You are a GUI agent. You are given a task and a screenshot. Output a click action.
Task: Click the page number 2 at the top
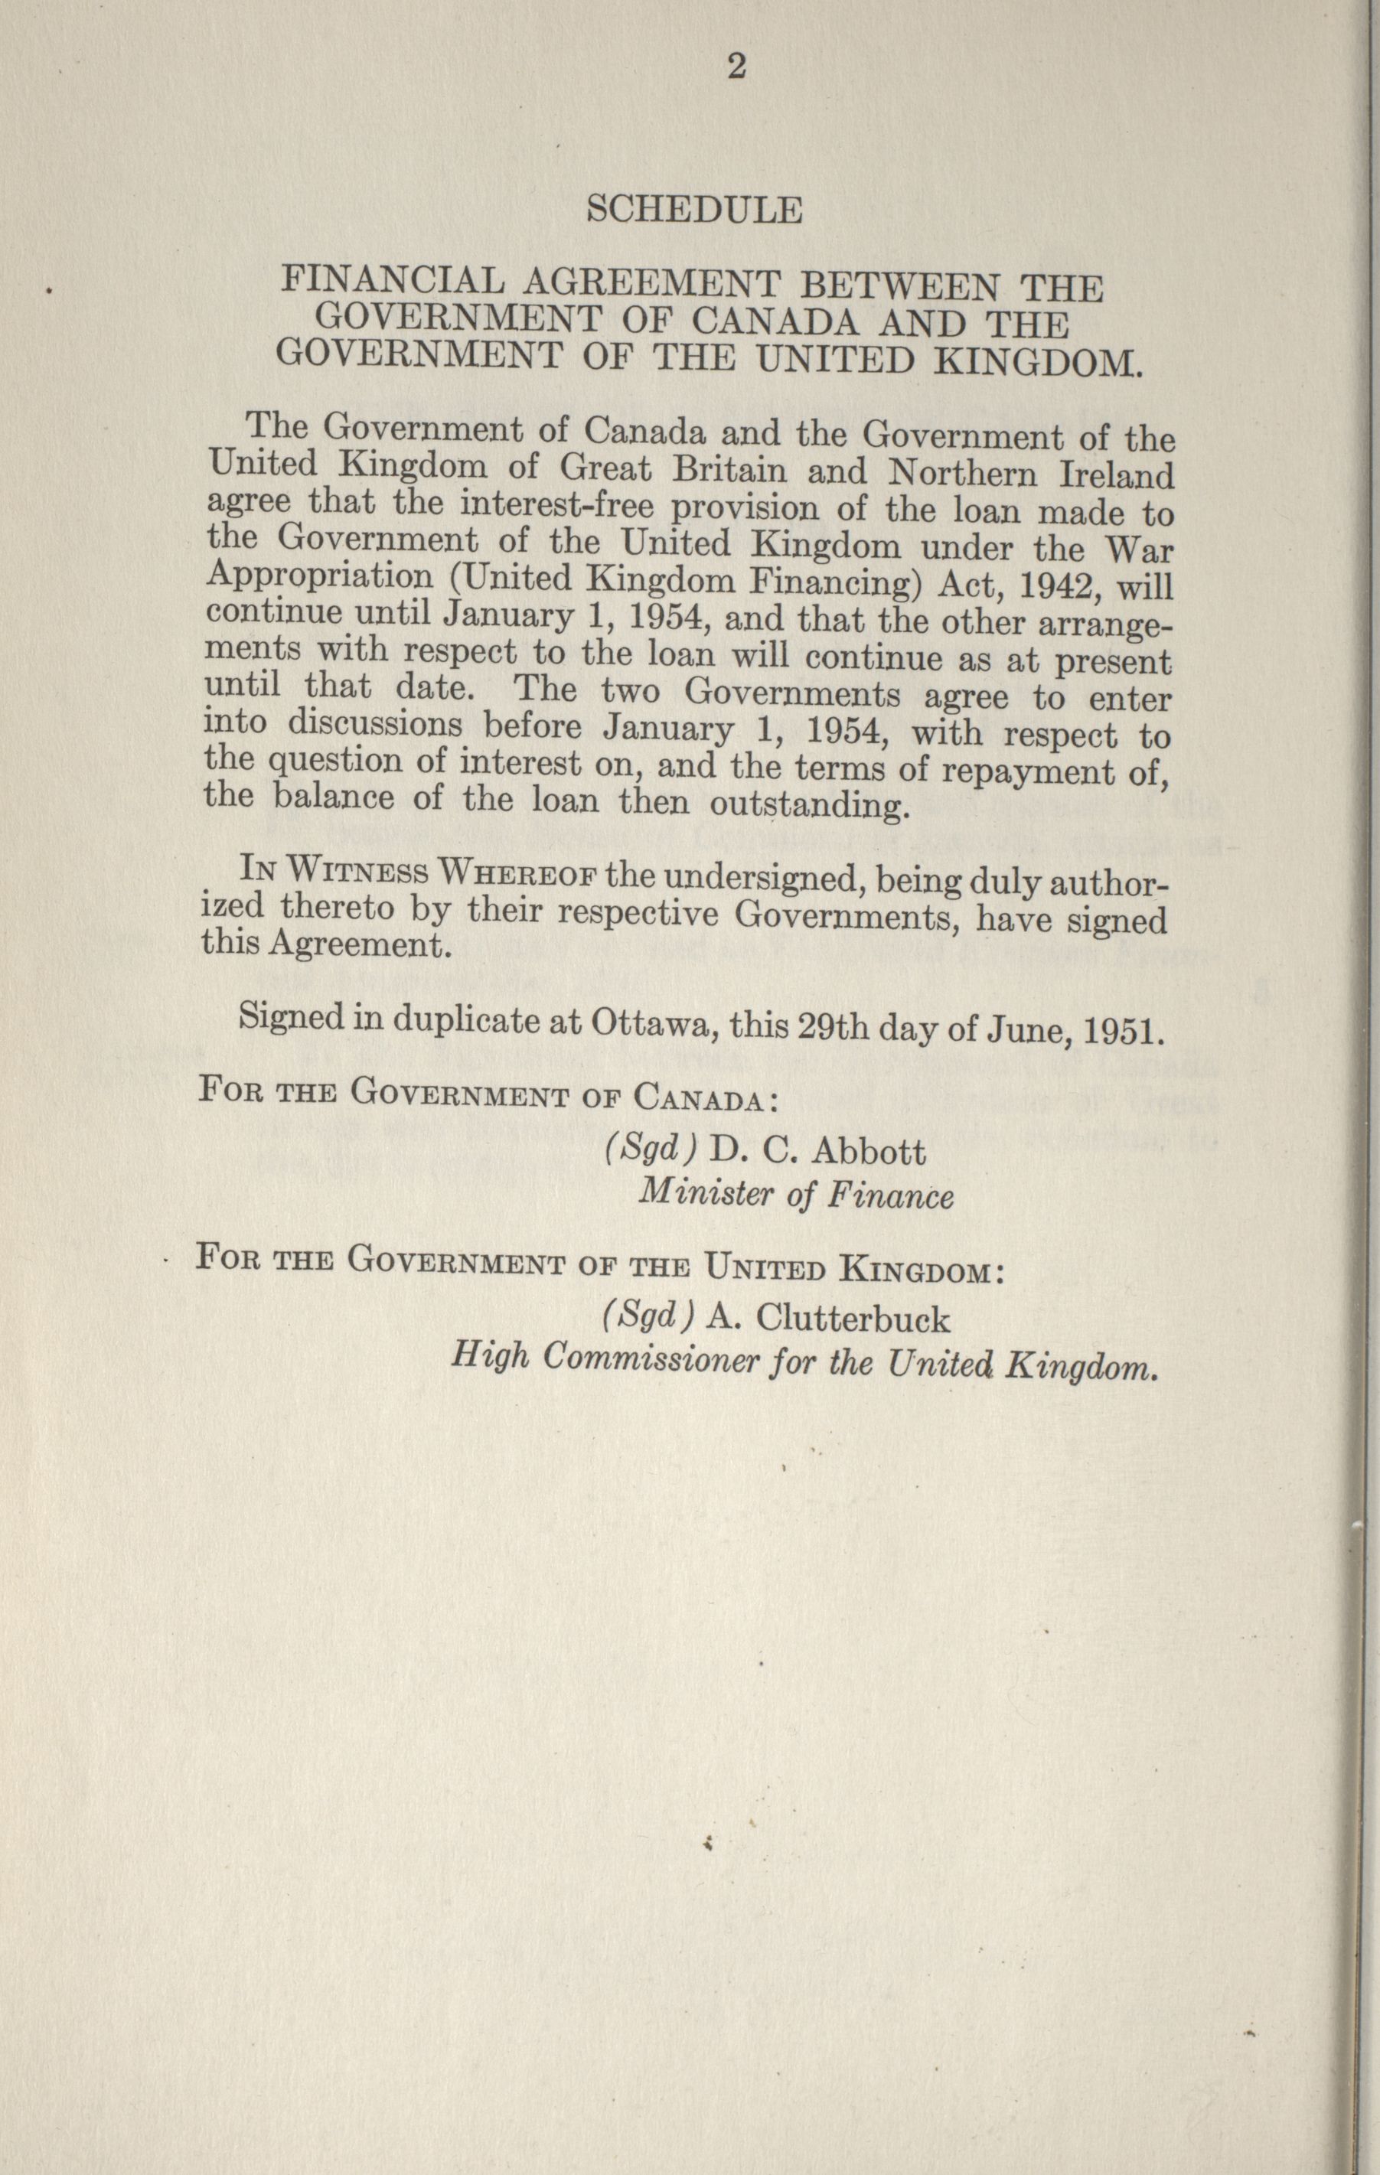click(x=736, y=68)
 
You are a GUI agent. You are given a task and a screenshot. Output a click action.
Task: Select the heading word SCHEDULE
click(x=693, y=210)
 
